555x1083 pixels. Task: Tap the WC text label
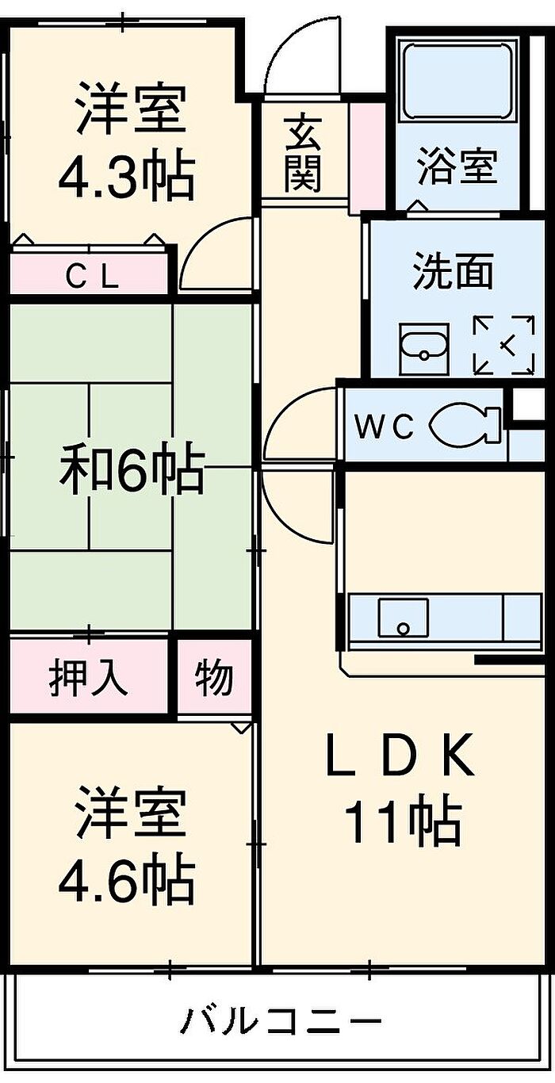pyautogui.click(x=385, y=427)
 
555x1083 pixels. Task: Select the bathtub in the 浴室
pyautogui.click(x=457, y=81)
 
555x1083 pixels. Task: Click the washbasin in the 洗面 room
pyautogui.click(x=424, y=348)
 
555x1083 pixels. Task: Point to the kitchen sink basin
pyautogui.click(x=404, y=618)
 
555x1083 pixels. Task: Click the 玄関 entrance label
pyautogui.click(x=303, y=153)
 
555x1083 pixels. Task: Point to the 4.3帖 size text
pyautogui.click(x=127, y=176)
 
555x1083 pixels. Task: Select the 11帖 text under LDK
pyautogui.click(x=402, y=820)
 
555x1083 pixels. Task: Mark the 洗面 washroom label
pyautogui.click(x=453, y=271)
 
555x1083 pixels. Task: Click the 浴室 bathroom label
pyautogui.click(x=457, y=166)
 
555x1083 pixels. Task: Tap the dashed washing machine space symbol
pyautogui.click(x=503, y=345)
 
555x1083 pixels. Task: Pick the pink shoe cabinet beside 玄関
pyautogui.click(x=367, y=158)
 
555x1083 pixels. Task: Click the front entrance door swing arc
pyautogui.click(x=290, y=53)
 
